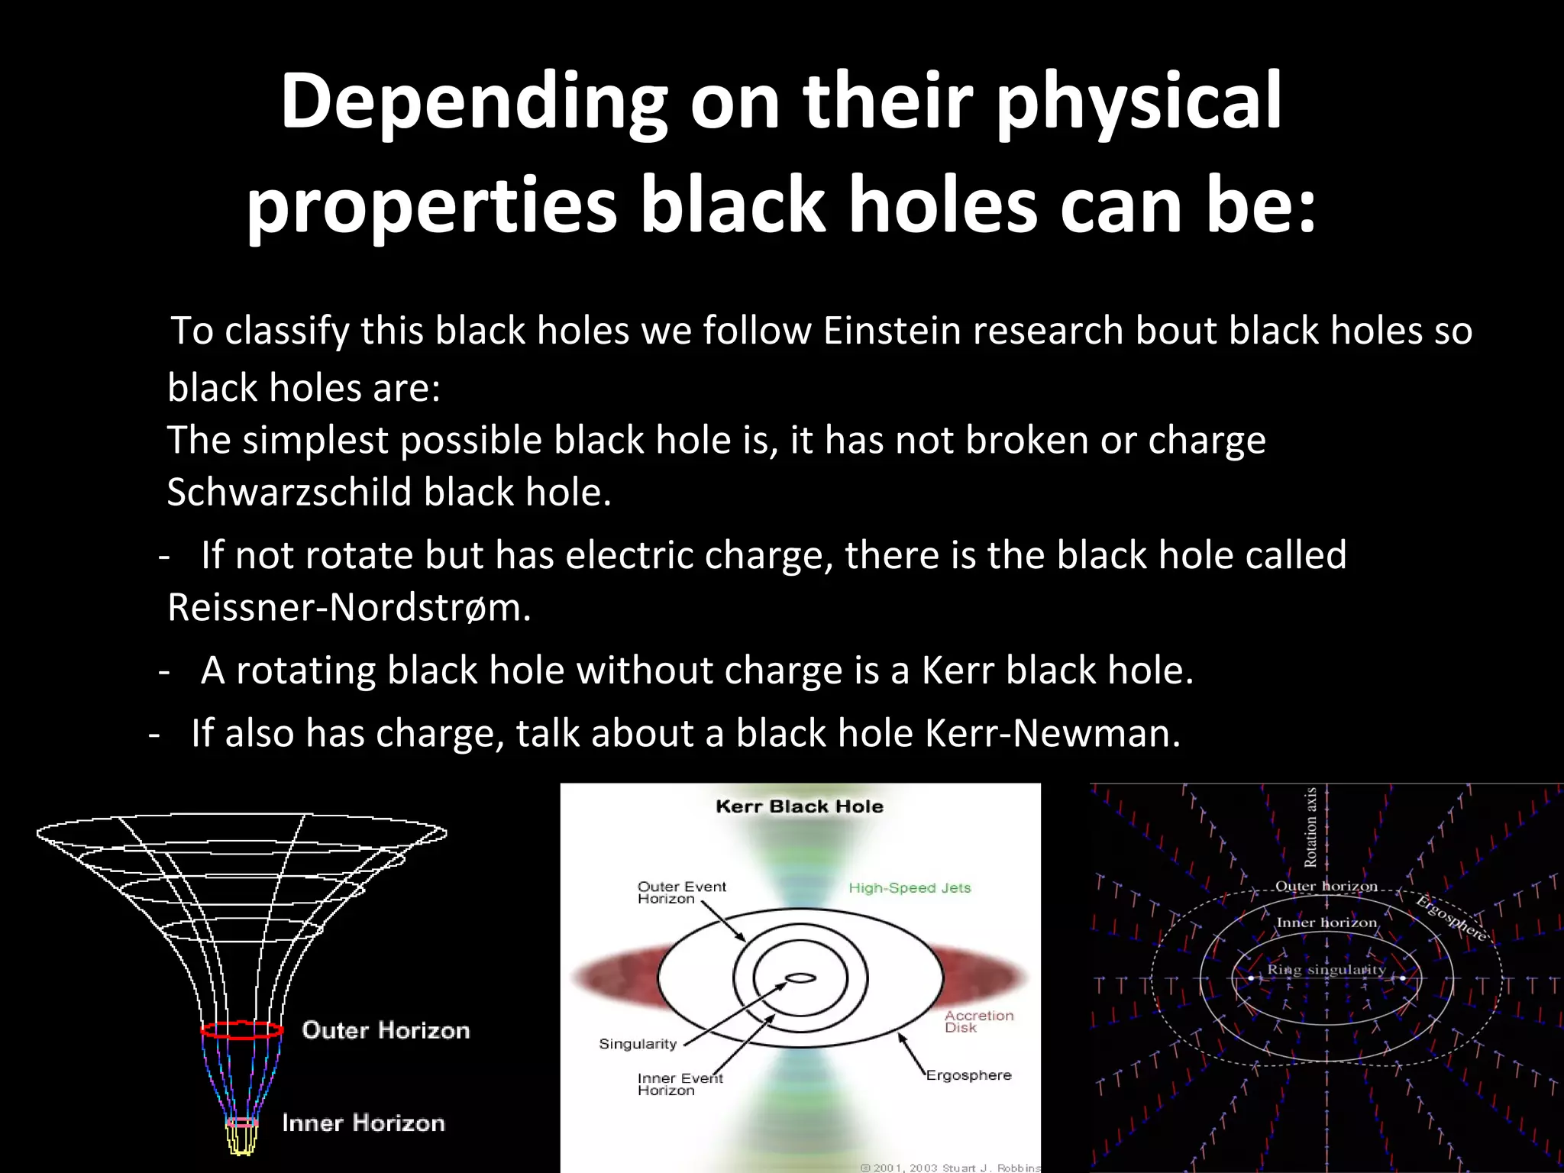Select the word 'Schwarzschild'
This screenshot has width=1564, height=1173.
(x=289, y=492)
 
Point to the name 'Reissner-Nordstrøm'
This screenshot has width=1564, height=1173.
(x=347, y=608)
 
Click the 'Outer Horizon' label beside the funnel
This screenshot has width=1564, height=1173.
(x=386, y=1030)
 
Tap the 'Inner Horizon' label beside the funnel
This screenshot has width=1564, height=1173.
(x=364, y=1123)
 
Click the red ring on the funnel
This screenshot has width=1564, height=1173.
(x=242, y=1030)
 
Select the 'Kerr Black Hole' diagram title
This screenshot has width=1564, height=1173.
(x=800, y=806)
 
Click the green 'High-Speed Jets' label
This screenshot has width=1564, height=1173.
(x=910, y=887)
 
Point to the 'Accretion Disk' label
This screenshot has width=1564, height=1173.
(x=978, y=1021)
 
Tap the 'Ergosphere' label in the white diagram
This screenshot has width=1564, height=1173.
(x=968, y=1075)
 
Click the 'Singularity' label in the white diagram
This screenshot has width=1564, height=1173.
(x=638, y=1044)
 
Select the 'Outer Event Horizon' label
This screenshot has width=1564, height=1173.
(x=681, y=892)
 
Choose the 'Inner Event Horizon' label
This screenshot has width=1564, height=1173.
(x=680, y=1084)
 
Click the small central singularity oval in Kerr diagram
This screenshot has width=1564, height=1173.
(x=800, y=977)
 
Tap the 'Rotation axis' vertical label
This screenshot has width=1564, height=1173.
(x=1310, y=827)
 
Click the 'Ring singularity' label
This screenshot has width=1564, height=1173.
(x=1326, y=969)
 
